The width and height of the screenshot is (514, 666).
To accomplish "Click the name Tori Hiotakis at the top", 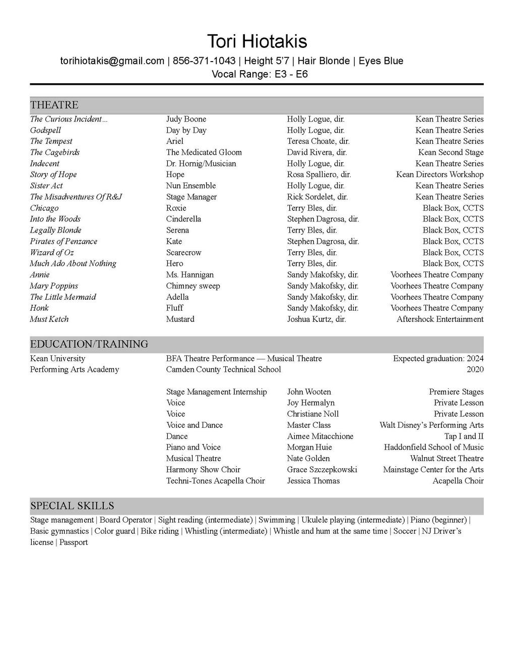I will pos(257,41).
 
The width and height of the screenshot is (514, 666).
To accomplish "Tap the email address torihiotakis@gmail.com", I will pos(112,61).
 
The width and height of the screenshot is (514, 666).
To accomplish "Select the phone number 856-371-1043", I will pos(204,61).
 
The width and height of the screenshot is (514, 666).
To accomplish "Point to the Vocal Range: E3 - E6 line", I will pos(260,74).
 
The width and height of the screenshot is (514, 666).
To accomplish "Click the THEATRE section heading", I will pos(54,105).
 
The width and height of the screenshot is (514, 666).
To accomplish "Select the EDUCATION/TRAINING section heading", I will pos(89,344).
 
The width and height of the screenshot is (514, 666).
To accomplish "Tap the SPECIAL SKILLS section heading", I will pos(72,506).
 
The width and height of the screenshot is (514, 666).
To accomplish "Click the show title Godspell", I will pos(45,130).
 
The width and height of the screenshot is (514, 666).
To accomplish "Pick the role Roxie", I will pos(176,208).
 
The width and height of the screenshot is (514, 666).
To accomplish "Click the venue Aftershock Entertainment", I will pos(440,319).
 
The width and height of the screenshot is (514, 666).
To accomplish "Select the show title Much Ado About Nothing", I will pos(73,263).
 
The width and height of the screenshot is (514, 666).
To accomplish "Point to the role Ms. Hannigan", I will pos(190,274).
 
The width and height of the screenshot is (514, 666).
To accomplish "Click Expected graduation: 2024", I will pos(438,358).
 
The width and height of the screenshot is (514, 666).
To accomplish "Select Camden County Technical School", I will pos(223,369).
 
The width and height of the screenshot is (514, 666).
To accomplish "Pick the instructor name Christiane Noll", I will pos(313,414).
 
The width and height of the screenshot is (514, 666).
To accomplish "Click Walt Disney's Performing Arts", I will pos(431,425).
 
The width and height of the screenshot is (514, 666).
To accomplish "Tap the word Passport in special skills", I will pos(74,542).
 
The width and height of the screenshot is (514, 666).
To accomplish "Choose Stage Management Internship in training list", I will pos(217,392).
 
